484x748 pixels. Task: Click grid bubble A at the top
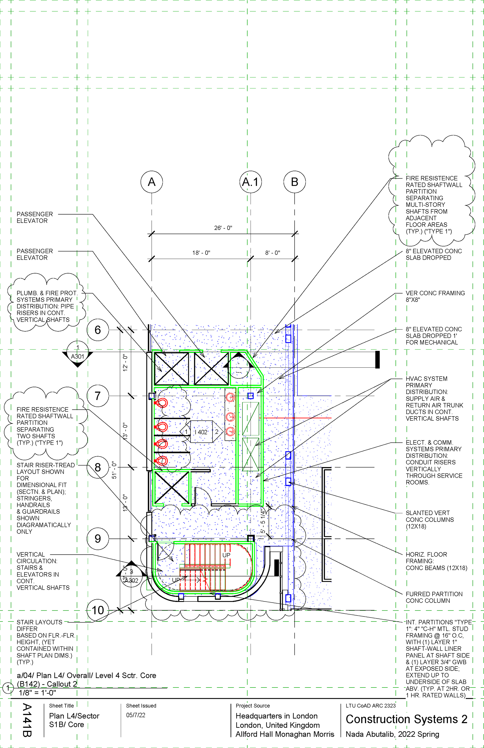(152, 182)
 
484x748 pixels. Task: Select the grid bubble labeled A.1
(251, 182)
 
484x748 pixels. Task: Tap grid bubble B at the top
(294, 182)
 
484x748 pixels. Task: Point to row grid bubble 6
(98, 330)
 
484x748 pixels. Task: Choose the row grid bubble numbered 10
(98, 610)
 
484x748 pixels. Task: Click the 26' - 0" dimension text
(223, 228)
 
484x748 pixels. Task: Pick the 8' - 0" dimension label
(273, 253)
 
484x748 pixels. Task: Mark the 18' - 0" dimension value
(201, 253)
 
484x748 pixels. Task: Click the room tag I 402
(201, 432)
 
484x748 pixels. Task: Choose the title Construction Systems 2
(406, 719)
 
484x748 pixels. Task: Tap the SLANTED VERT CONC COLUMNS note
(430, 520)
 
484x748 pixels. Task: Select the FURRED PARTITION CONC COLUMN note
(434, 597)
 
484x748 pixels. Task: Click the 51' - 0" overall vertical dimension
(114, 470)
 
